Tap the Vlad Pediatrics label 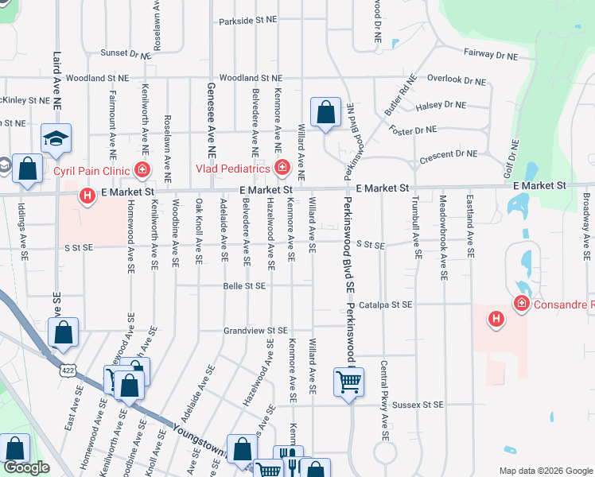(x=233, y=169)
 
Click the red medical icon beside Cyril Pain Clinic (x=142, y=169)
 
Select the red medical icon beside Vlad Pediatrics (x=282, y=167)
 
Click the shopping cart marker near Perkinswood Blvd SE (x=349, y=383)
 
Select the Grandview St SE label (x=255, y=330)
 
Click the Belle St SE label (x=244, y=285)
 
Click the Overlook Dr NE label (x=456, y=80)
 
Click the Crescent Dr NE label (x=449, y=153)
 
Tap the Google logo (x=26, y=467)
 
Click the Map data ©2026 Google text (x=545, y=471)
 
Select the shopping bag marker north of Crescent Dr (x=325, y=113)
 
